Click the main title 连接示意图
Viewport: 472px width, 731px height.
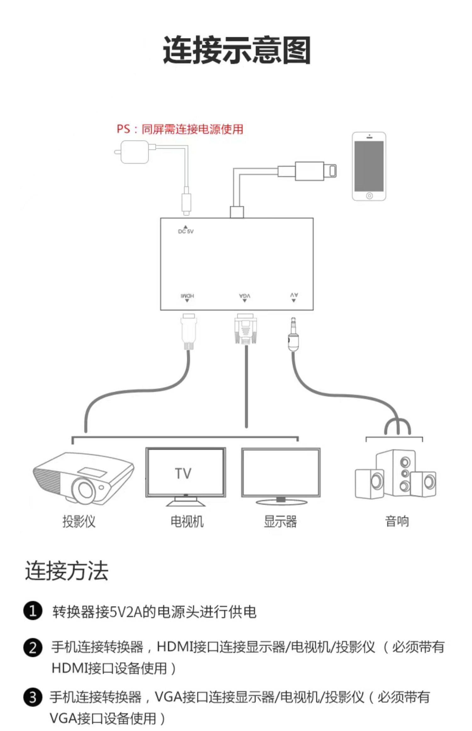(x=237, y=50)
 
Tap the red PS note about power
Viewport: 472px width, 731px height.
(x=180, y=129)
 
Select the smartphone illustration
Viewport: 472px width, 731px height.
(x=369, y=166)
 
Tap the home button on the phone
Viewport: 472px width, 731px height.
(x=369, y=196)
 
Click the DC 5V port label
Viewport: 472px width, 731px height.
(x=186, y=231)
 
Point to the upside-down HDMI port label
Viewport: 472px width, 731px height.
(x=187, y=296)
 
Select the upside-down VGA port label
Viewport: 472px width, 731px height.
(x=244, y=296)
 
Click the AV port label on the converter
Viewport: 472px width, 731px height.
(x=294, y=295)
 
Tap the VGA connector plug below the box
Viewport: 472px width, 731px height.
(x=245, y=329)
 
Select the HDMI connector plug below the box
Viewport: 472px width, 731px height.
(x=188, y=331)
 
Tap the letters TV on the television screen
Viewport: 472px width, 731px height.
(x=183, y=473)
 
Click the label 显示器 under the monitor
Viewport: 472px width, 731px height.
(x=280, y=522)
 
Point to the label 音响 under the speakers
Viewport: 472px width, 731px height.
(x=397, y=521)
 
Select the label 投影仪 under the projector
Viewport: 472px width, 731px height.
(x=79, y=522)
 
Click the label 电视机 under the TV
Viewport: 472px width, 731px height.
(x=187, y=522)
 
